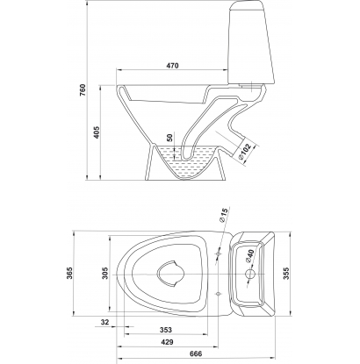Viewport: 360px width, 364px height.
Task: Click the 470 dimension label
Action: tap(172, 66)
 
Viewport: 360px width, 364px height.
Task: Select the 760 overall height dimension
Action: tap(83, 90)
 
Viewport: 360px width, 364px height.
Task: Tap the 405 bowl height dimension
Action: tap(97, 132)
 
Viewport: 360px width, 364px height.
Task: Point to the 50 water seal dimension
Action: tap(170, 138)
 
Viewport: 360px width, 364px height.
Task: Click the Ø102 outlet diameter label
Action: tap(245, 152)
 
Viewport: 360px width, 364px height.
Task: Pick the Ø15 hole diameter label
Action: tap(223, 216)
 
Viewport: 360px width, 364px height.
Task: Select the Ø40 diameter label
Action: tap(249, 256)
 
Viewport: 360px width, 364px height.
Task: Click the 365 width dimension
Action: tap(69, 273)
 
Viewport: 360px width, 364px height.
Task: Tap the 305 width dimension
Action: tap(105, 273)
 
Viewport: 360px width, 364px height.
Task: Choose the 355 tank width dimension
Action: tap(286, 274)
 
